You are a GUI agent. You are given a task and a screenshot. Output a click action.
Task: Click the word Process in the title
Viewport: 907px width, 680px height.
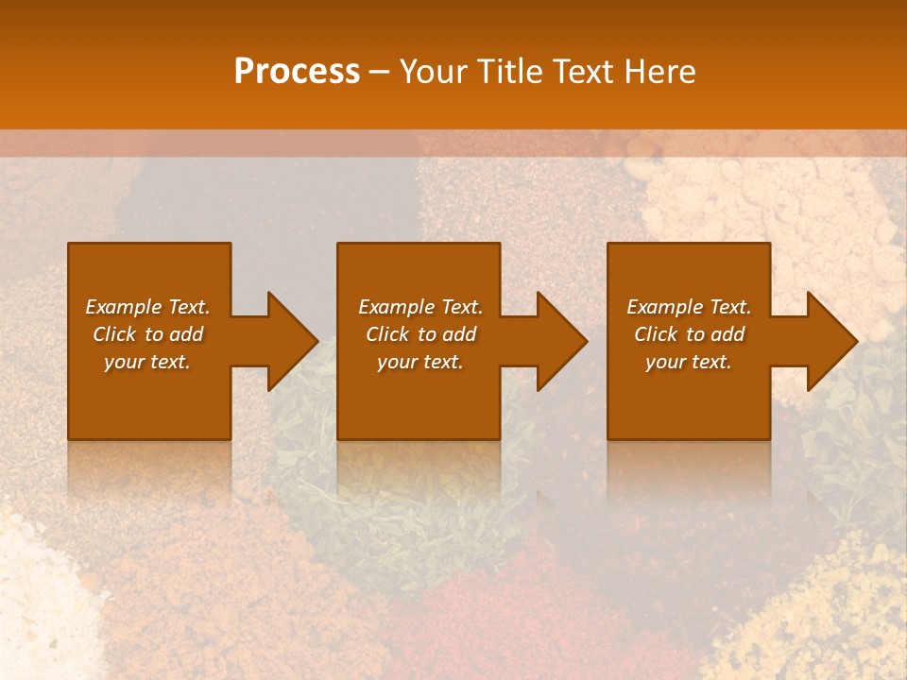pos(297,72)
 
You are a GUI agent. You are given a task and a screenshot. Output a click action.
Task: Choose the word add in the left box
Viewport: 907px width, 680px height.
pos(187,334)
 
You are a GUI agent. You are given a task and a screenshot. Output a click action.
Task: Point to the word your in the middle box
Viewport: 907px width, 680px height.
pos(397,362)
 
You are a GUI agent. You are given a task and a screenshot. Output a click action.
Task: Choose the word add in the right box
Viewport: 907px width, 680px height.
pos(728,334)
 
